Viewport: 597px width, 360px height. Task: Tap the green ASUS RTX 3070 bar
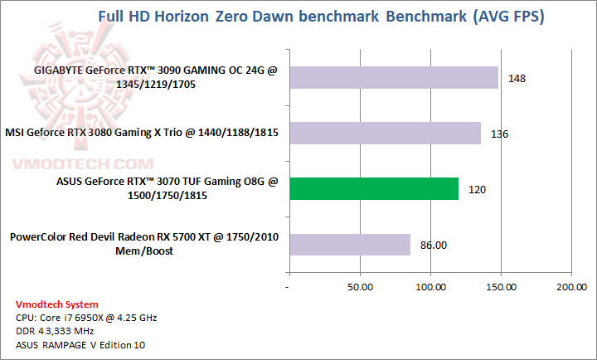(x=372, y=188)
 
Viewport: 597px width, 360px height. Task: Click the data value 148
(x=517, y=79)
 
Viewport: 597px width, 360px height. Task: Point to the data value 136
(x=500, y=134)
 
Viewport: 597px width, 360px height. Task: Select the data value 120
(x=477, y=190)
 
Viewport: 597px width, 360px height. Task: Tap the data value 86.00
(x=433, y=246)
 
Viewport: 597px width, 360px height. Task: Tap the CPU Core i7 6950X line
(x=86, y=318)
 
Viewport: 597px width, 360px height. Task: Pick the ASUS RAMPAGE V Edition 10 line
(x=75, y=344)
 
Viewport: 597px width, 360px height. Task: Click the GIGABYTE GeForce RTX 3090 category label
(x=155, y=77)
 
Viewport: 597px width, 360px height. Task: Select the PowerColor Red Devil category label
(x=144, y=244)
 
